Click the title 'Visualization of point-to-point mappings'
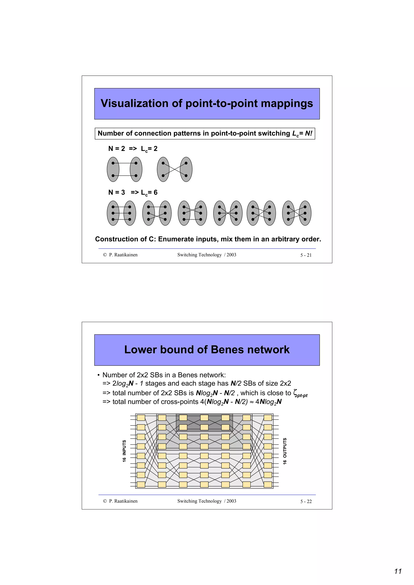207,103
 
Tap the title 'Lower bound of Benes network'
207,350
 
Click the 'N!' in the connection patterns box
308,133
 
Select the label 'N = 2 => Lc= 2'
133,149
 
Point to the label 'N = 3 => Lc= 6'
133,192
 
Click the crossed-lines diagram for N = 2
174,169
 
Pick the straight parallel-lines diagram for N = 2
125,169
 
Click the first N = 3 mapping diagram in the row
121,213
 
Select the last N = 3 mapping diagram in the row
297,213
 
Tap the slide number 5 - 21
306,255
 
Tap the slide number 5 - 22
306,501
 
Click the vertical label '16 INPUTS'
124,451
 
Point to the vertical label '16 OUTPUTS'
285,451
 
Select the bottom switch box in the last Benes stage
268,484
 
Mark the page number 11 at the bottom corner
398,571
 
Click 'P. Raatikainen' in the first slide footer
123,255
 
